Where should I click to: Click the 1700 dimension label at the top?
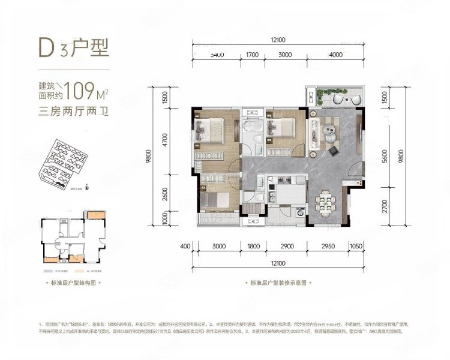tap(252, 55)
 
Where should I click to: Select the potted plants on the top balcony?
tap(326, 92)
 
